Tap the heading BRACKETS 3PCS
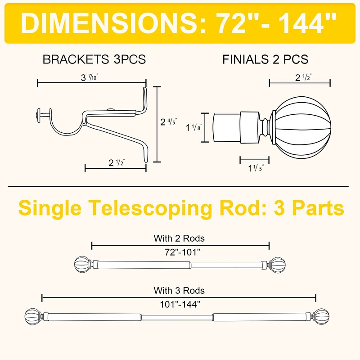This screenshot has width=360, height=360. click(x=94, y=59)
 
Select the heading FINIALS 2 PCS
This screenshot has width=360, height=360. click(x=265, y=59)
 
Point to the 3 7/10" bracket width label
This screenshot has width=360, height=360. click(x=90, y=77)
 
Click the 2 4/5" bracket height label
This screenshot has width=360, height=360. click(x=169, y=121)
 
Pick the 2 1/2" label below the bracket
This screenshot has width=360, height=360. click(x=117, y=162)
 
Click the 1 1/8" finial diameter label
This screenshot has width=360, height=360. click(x=194, y=127)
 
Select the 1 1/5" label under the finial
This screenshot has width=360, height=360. click(x=256, y=168)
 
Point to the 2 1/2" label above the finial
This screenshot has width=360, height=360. click(x=303, y=77)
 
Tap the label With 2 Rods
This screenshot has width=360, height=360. click(x=179, y=238)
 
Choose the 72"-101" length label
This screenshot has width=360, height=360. click(x=183, y=252)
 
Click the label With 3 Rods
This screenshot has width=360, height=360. click(x=179, y=290)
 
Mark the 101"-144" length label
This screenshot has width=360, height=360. click(x=180, y=305)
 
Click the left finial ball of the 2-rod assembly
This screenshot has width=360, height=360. click(x=82, y=265)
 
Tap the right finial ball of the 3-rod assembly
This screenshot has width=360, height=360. click(x=322, y=317)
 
